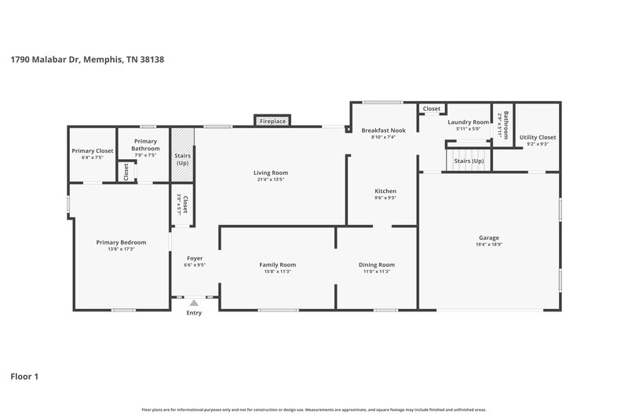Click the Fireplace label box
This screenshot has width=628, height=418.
272,121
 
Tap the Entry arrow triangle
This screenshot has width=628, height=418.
194,303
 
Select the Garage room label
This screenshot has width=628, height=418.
489,238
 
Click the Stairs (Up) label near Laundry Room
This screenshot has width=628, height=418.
469,161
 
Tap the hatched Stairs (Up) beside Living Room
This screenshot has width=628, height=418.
182,160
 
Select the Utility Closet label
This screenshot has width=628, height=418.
538,136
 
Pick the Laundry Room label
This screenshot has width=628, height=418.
468,122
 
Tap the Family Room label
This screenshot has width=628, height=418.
277,264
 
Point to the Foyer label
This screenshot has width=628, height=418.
195,258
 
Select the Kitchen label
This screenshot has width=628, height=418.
385,191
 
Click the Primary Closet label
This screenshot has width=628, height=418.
93,151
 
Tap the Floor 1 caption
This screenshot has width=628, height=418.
24,376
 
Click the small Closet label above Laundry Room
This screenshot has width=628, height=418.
432,108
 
